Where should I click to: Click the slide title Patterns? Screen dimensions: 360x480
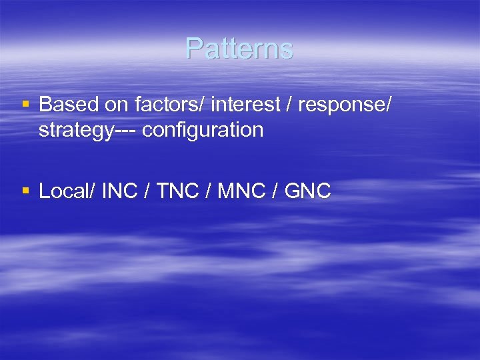click(239, 48)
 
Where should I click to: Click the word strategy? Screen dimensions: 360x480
click(71, 130)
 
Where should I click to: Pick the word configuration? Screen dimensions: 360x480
click(203, 130)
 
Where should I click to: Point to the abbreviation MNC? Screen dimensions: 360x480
click(237, 191)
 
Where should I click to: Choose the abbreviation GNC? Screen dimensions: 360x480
click(307, 191)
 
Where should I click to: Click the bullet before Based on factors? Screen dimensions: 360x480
click(25, 105)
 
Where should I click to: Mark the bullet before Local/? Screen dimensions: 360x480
click(25, 191)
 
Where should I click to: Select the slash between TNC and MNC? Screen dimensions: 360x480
click(208, 191)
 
